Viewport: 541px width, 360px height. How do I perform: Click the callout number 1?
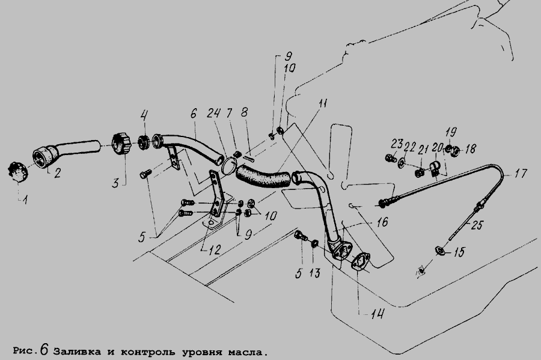click(x=25, y=200)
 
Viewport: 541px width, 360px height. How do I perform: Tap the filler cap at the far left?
click(x=17, y=171)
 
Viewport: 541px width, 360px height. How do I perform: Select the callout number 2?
click(x=57, y=172)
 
